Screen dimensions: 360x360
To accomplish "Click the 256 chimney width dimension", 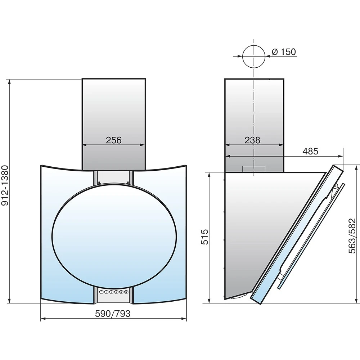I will coord(113,140).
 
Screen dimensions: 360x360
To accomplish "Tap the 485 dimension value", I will coord(310,151).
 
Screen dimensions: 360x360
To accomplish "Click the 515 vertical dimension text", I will coord(204,237).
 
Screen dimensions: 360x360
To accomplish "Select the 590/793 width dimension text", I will coord(113,314).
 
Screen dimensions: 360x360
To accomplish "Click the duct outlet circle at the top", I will coord(254,57).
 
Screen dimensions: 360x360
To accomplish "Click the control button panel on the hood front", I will coord(113,292).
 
